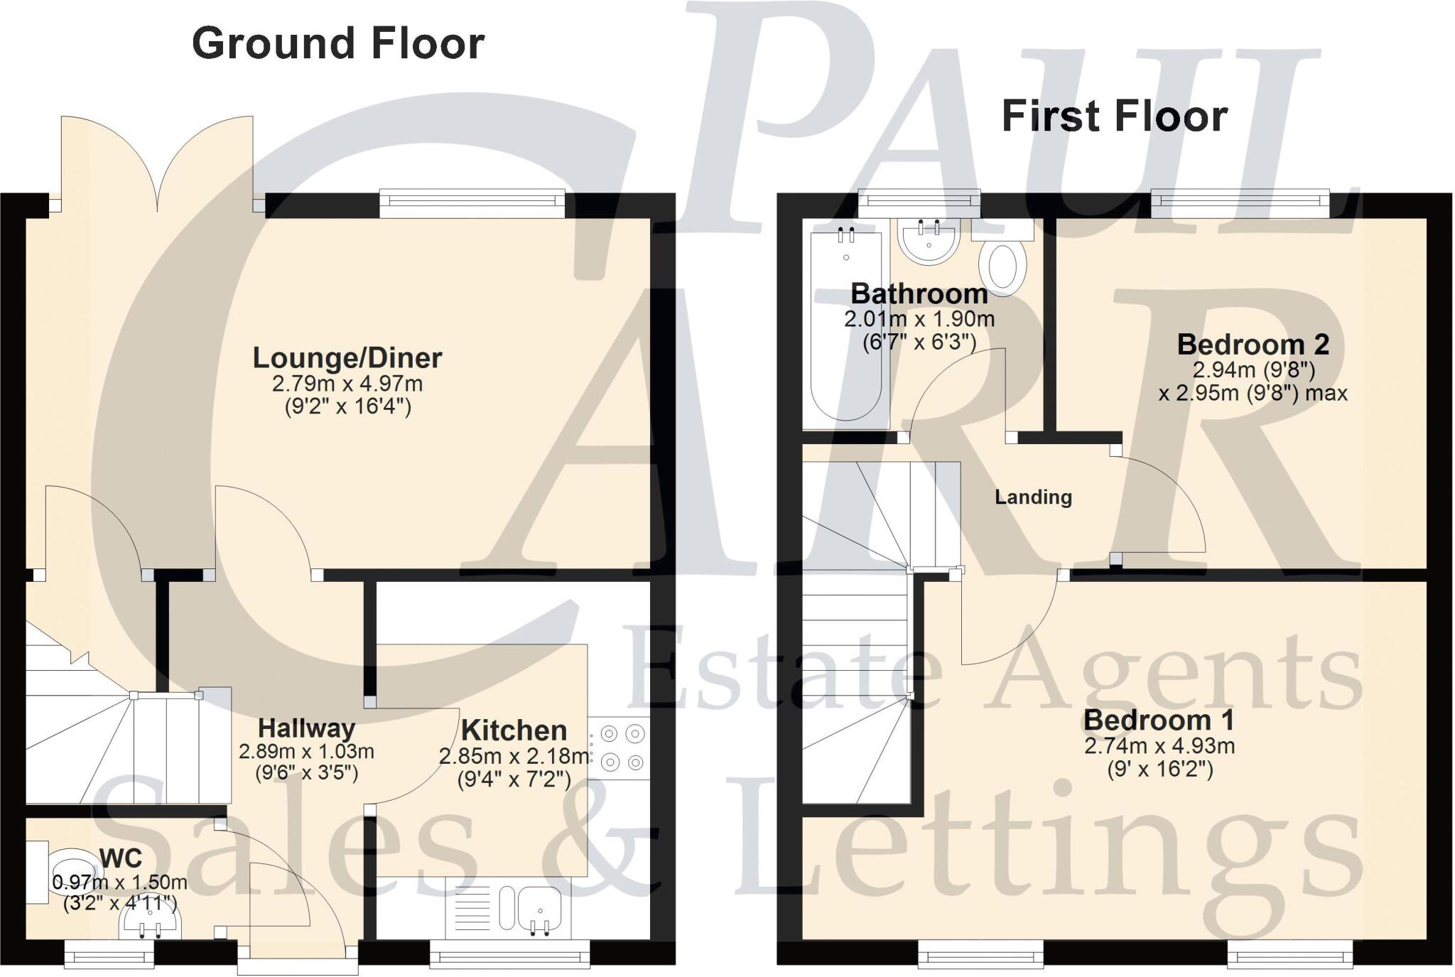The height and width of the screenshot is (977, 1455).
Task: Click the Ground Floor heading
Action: click(338, 43)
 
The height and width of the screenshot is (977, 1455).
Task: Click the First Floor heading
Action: click(1114, 117)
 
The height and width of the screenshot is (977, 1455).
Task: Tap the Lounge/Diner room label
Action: click(347, 357)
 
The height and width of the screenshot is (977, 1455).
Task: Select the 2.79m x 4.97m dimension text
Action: click(347, 384)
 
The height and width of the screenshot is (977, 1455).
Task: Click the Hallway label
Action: click(306, 728)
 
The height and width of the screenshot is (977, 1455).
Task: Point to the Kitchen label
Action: click(514, 730)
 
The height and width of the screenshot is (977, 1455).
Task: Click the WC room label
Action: click(121, 858)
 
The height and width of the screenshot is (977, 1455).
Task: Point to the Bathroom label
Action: click(919, 293)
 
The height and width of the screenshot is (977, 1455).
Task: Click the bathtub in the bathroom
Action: click(845, 327)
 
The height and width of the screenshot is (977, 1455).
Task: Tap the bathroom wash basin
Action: click(929, 242)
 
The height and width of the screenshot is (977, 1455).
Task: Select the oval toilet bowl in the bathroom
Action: click(1002, 267)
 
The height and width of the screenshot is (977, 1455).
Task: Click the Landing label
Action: click(1033, 497)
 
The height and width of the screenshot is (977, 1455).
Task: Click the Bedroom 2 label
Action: click(1253, 345)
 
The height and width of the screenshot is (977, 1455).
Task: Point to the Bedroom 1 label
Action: click(1159, 720)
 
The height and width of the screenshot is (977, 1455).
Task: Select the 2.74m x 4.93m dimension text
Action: click(1159, 746)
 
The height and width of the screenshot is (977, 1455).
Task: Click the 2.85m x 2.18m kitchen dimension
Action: click(514, 757)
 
